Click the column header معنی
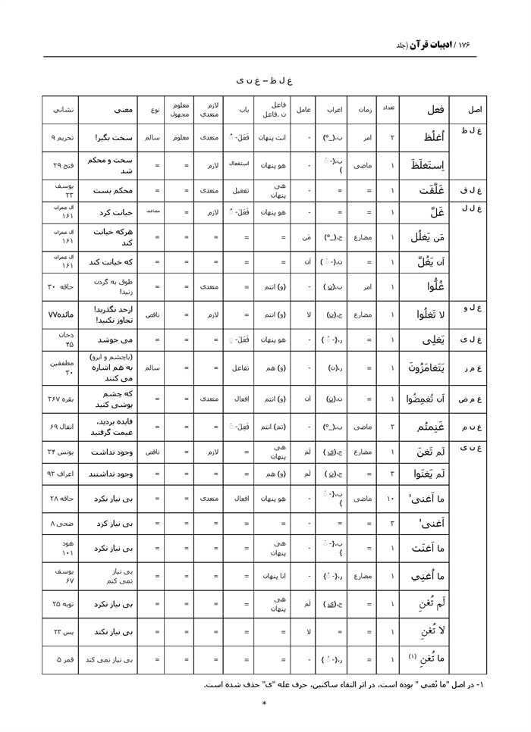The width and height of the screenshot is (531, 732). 107,110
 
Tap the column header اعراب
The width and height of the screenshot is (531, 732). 335,110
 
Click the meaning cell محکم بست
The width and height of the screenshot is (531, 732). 107,192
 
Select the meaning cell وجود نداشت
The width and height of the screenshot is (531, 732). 107,452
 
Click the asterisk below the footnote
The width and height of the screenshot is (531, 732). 264,704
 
